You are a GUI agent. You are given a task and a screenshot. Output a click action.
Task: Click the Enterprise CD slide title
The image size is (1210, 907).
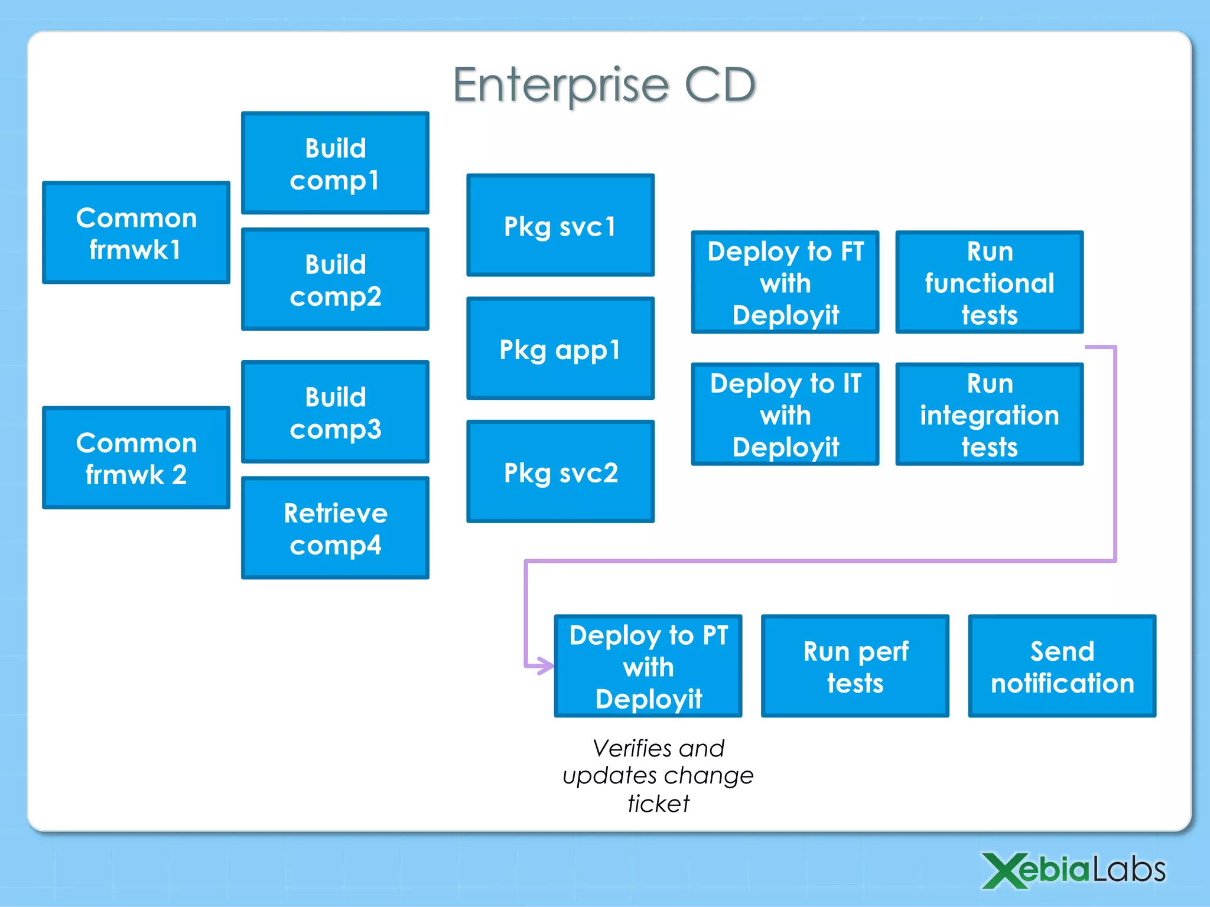point(604,84)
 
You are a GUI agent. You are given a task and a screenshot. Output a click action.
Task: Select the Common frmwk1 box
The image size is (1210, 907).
point(136,233)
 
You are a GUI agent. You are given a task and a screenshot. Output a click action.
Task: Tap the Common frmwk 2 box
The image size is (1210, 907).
point(136,458)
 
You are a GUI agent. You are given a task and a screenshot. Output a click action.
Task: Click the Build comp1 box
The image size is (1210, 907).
point(335,163)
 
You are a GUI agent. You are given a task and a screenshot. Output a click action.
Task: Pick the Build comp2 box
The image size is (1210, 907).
point(335,279)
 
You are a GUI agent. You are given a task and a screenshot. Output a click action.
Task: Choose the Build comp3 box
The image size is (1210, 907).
point(335,412)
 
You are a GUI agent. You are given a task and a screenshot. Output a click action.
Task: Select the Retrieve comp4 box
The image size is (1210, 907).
point(335,528)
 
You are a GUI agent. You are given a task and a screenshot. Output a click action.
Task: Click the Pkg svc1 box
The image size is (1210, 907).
point(560,225)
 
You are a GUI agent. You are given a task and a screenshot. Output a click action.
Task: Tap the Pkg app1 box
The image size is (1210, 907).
point(560,348)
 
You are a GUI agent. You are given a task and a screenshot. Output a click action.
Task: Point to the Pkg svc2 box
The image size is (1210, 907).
point(560,472)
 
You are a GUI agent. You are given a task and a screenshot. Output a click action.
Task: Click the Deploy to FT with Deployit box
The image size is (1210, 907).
point(785,282)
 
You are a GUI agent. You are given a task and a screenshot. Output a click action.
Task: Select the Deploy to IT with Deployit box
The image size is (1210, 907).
point(785,415)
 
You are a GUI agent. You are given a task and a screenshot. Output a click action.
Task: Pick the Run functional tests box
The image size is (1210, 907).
point(990,282)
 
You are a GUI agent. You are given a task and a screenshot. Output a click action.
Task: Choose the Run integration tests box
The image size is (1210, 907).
point(990,415)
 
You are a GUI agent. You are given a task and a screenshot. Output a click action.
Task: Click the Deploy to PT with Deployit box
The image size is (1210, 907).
point(648,666)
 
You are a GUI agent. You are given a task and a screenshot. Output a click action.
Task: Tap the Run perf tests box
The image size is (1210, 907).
point(855,666)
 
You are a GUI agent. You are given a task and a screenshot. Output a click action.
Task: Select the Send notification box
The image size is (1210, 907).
point(1062,666)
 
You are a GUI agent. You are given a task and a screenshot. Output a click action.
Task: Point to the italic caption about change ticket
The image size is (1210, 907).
point(658,775)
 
